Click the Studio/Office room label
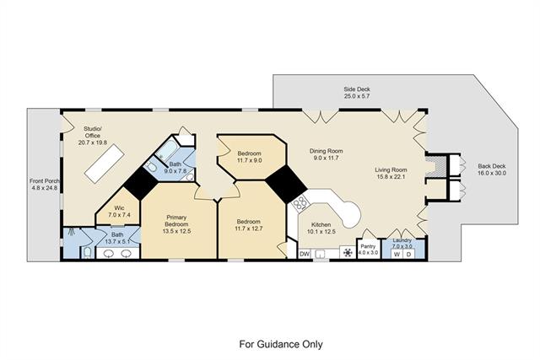[93, 132]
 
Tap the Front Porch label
[45, 181]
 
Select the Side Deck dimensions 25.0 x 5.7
[357, 96]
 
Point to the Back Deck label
[492, 166]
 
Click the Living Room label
[391, 169]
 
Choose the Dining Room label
[327, 151]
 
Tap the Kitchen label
[321, 225]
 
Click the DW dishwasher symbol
[305, 254]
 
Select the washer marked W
[397, 255]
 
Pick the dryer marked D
[408, 255]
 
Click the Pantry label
[368, 246]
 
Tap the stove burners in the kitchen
[300, 202]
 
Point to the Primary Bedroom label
[176, 221]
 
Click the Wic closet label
[120, 208]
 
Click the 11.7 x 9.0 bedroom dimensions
[250, 160]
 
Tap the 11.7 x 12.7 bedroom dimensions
[248, 228]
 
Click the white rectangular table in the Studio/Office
[104, 164]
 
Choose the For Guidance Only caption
[281, 344]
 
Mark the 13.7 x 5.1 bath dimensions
[117, 242]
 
